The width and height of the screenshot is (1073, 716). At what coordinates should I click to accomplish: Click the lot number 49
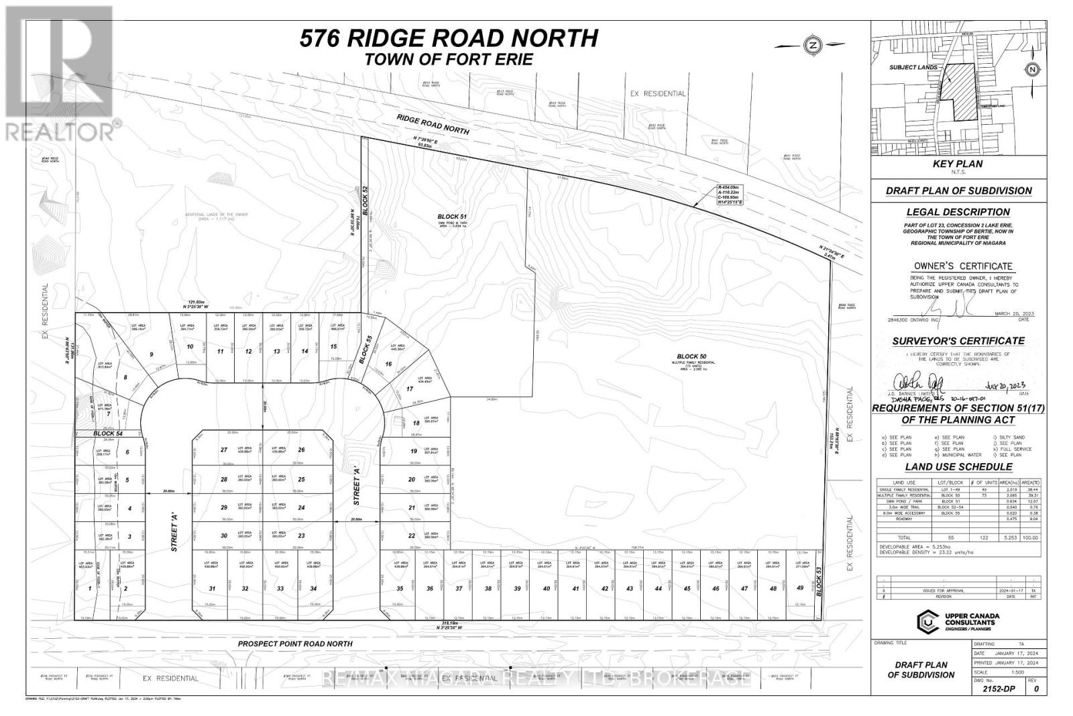click(799, 588)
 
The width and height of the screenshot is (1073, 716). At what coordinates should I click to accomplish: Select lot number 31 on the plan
click(213, 589)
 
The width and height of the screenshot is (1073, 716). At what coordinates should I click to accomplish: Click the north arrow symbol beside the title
click(812, 45)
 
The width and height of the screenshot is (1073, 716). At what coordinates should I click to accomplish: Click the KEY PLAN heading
click(958, 164)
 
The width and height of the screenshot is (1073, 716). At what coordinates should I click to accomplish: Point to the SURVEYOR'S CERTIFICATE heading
click(958, 341)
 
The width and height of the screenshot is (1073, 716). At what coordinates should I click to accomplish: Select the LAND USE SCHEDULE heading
click(958, 466)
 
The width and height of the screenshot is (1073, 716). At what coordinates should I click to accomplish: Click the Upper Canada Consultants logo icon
click(927, 621)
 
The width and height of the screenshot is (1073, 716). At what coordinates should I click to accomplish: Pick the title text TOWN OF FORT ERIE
click(448, 59)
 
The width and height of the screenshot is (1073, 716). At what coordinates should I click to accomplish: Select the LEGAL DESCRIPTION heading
click(958, 212)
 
